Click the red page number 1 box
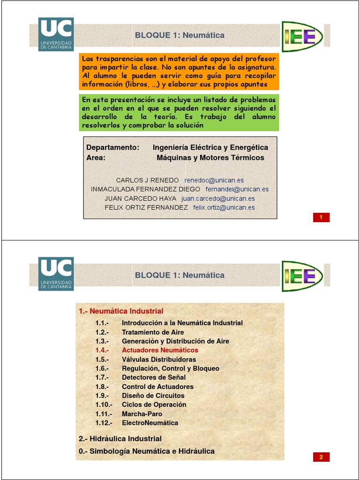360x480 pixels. tap(321, 217)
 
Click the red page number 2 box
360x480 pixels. tap(321, 457)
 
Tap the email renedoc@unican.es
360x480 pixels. tap(214, 180)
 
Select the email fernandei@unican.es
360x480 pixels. tap(237, 189)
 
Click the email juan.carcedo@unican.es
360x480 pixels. tap(220, 198)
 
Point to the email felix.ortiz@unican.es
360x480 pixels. tap(224, 207)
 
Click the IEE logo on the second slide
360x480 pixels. tap(302, 273)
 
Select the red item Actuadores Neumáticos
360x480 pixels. tap(160, 350)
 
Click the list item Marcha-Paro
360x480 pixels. tap(142, 414)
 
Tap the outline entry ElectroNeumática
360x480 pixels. tap(150, 423)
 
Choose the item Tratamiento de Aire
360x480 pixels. tap(153, 332)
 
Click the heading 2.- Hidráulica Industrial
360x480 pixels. tap(120, 439)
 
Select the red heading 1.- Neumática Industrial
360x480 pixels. tap(121, 311)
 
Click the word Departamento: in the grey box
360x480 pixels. tap(113, 148)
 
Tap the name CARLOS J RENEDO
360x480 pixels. tap(147, 180)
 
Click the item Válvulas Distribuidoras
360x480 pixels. tap(159, 360)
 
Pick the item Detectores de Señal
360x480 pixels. tap(154, 377)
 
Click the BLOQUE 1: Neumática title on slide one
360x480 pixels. tap(180, 35)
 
